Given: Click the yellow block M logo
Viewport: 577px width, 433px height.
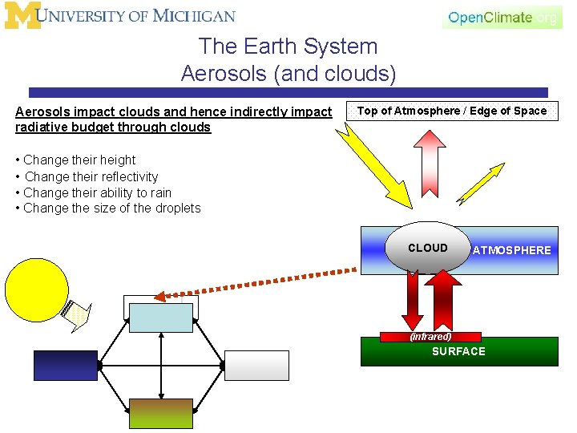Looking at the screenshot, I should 22,15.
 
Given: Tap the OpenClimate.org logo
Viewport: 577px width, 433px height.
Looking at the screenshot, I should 502,17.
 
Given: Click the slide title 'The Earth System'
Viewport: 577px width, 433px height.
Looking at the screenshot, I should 288,47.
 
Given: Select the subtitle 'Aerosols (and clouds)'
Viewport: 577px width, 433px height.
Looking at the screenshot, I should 288,74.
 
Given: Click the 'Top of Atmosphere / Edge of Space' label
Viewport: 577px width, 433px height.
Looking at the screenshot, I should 451,111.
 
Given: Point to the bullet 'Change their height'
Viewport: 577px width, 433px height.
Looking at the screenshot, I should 79,160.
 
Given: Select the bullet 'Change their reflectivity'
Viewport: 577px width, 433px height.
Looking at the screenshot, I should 91,176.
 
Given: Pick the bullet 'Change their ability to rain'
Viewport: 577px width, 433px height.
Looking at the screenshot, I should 97,192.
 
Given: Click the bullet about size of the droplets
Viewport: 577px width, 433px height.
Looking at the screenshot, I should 111,208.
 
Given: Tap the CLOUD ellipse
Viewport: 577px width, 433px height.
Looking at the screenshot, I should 428,248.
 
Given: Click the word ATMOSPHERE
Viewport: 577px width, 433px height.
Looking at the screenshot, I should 511,250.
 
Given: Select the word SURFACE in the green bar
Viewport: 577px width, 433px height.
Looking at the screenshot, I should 458,351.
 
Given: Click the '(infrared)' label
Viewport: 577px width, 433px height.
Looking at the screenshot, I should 431,337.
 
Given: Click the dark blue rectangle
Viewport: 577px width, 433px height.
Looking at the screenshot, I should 65,366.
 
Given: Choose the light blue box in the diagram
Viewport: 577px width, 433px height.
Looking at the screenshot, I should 161,318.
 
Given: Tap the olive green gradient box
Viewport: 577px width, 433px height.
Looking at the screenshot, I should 161,413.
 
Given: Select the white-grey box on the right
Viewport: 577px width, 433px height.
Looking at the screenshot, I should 256,366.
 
